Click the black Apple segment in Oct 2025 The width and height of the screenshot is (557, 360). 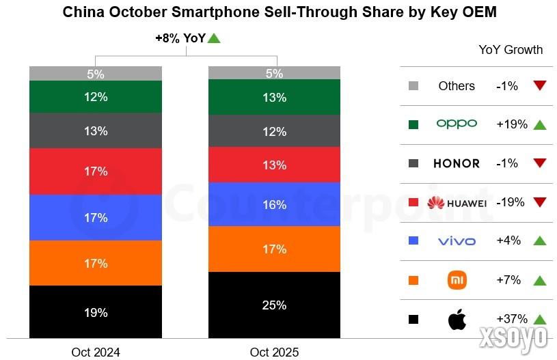[274, 305]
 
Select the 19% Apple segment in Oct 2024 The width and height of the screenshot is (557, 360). [96, 312]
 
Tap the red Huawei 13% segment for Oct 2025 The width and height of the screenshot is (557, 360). [274, 165]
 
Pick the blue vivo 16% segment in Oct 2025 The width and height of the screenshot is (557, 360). [274, 204]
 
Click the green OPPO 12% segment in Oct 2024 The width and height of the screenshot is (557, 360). [96, 97]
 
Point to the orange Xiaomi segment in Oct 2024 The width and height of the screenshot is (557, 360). [96, 263]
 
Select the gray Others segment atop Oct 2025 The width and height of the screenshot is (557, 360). [274, 73]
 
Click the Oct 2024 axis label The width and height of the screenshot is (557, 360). [96, 352]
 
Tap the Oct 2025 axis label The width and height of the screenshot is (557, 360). [274, 352]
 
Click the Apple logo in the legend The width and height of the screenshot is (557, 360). [457, 319]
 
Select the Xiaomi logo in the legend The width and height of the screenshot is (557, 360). [457, 280]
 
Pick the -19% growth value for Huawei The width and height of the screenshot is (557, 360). [509, 202]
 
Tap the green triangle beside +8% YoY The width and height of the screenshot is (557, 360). [214, 38]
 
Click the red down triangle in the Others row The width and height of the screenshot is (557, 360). [540, 85]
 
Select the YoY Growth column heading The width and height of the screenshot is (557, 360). [511, 49]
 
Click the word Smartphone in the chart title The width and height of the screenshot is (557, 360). [224, 12]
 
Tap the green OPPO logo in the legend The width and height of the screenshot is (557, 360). [457, 124]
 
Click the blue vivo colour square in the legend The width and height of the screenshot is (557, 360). [413, 241]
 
